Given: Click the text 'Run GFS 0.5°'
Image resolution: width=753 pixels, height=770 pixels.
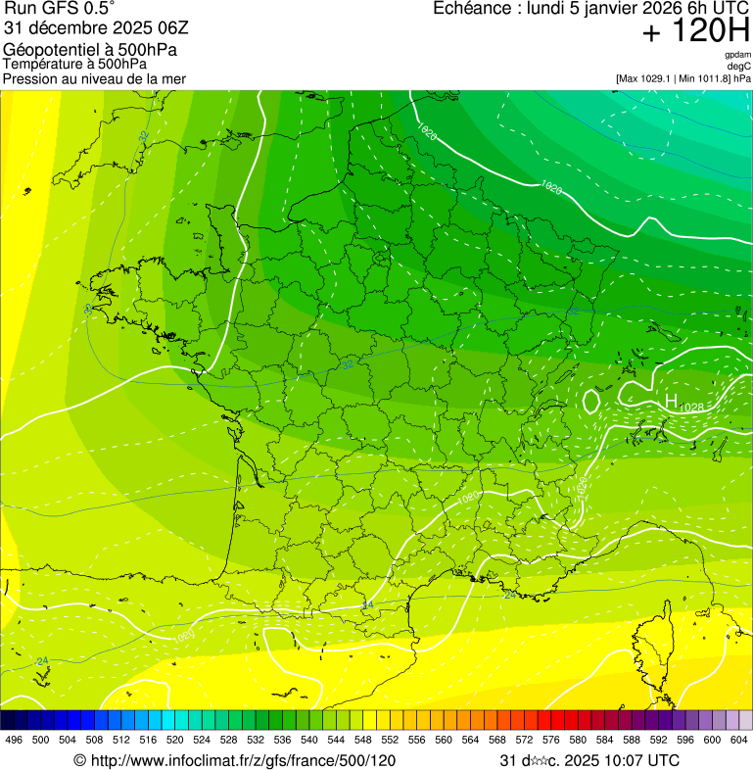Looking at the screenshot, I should click(x=59, y=10).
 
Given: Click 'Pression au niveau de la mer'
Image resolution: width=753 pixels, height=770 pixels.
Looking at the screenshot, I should click(x=94, y=78).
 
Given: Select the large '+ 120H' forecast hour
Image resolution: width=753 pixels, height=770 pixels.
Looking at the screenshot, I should click(x=695, y=32).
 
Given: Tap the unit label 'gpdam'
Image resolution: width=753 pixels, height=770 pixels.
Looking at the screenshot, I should click(x=737, y=55).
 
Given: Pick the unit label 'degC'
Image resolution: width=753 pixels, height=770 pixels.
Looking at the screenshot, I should click(x=740, y=66).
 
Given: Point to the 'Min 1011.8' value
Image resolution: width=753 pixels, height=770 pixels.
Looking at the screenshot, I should click(x=701, y=78).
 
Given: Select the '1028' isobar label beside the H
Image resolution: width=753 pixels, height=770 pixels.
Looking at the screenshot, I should click(x=691, y=407).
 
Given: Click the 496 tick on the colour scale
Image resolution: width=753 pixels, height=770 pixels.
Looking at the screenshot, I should click(x=14, y=741).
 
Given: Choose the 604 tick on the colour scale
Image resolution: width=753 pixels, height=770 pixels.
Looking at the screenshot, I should click(x=739, y=741).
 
